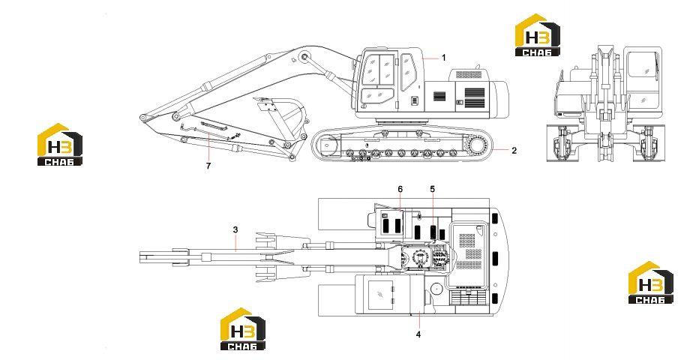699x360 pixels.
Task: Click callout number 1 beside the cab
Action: point(443,58)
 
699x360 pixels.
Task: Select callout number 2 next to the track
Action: point(514,151)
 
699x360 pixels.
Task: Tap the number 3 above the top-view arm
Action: point(235,229)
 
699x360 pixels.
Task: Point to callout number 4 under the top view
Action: point(418,334)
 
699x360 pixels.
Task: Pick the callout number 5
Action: point(433,189)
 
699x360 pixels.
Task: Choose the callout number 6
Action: point(400,189)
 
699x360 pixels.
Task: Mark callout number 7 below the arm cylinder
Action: point(208,166)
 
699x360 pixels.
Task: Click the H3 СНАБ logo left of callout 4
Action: point(243,328)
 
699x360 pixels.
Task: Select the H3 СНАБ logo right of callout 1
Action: point(537,35)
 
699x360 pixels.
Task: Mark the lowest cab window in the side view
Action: point(377,95)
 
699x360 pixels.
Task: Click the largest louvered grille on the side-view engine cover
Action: point(474,98)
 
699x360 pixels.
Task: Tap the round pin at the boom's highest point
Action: point(304,56)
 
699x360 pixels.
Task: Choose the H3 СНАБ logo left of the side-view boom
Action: point(60,144)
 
